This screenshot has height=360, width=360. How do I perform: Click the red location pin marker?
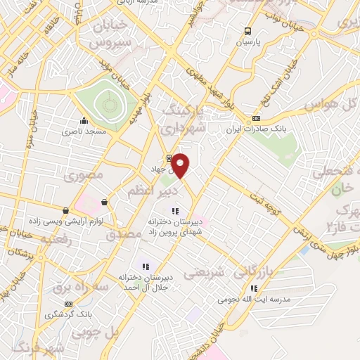point(181,166)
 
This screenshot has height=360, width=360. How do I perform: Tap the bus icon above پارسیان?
point(247,31)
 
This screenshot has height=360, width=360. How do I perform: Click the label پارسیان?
point(247,42)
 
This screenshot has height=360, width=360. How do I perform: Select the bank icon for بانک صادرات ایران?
point(256,118)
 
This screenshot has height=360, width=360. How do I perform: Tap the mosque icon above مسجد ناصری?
point(84,120)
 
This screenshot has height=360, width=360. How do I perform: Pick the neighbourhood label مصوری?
point(83,175)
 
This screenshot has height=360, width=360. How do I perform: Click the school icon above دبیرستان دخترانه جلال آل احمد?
point(146,266)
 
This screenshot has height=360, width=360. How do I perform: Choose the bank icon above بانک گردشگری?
point(68,304)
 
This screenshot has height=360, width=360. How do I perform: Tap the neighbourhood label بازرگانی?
point(253,270)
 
